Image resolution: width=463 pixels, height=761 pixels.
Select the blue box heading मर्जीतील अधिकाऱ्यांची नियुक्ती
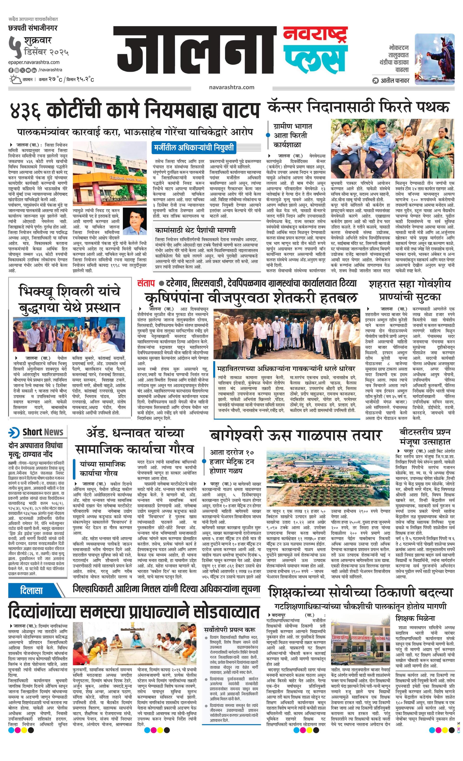click(194, 148)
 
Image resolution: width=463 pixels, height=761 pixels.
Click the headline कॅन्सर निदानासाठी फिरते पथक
click(359, 107)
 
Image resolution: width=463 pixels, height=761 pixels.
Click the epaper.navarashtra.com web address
click(34, 62)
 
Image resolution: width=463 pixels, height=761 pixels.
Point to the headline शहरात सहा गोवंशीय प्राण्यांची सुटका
click(410, 290)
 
